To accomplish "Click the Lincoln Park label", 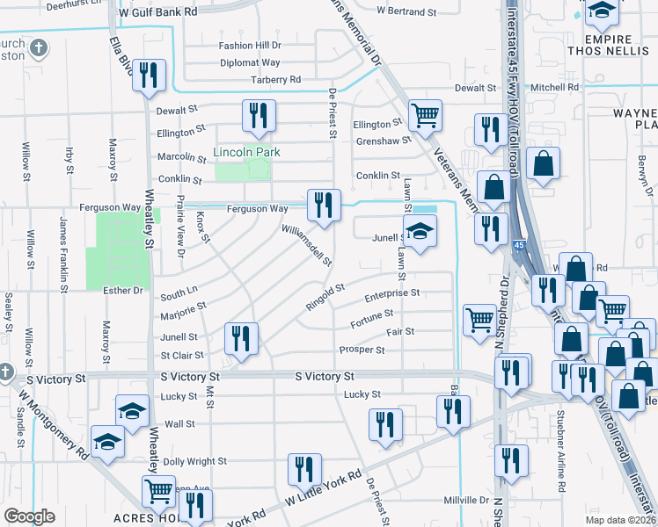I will point(246,152).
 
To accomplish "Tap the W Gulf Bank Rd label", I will point(157,13).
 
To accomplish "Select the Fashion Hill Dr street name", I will point(250,46).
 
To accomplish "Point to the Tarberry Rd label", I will point(276,80).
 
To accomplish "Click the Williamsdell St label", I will point(306,243).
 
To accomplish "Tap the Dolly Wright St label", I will point(194,461).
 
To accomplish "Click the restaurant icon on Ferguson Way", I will point(323,206).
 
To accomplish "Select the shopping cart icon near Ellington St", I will point(425,115).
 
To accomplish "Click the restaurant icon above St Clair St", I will point(239,338).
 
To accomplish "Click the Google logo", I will point(29,516).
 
